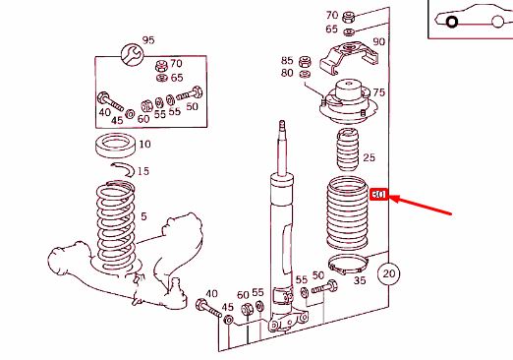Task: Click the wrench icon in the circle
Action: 133,54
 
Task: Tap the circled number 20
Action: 388,273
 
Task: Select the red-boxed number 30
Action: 378,195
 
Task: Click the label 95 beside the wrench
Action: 148,40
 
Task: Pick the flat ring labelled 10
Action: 115,146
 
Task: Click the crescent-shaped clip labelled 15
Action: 124,169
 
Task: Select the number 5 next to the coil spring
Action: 143,216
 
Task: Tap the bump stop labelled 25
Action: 348,150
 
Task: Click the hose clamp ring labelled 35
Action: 348,264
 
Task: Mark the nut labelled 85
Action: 305,61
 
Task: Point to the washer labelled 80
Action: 305,74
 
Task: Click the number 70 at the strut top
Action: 332,15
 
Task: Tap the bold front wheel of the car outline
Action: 452,22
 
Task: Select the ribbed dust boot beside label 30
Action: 348,214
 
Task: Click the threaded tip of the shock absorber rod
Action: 282,125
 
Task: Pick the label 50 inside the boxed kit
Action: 192,106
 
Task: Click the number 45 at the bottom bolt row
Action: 227,307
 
